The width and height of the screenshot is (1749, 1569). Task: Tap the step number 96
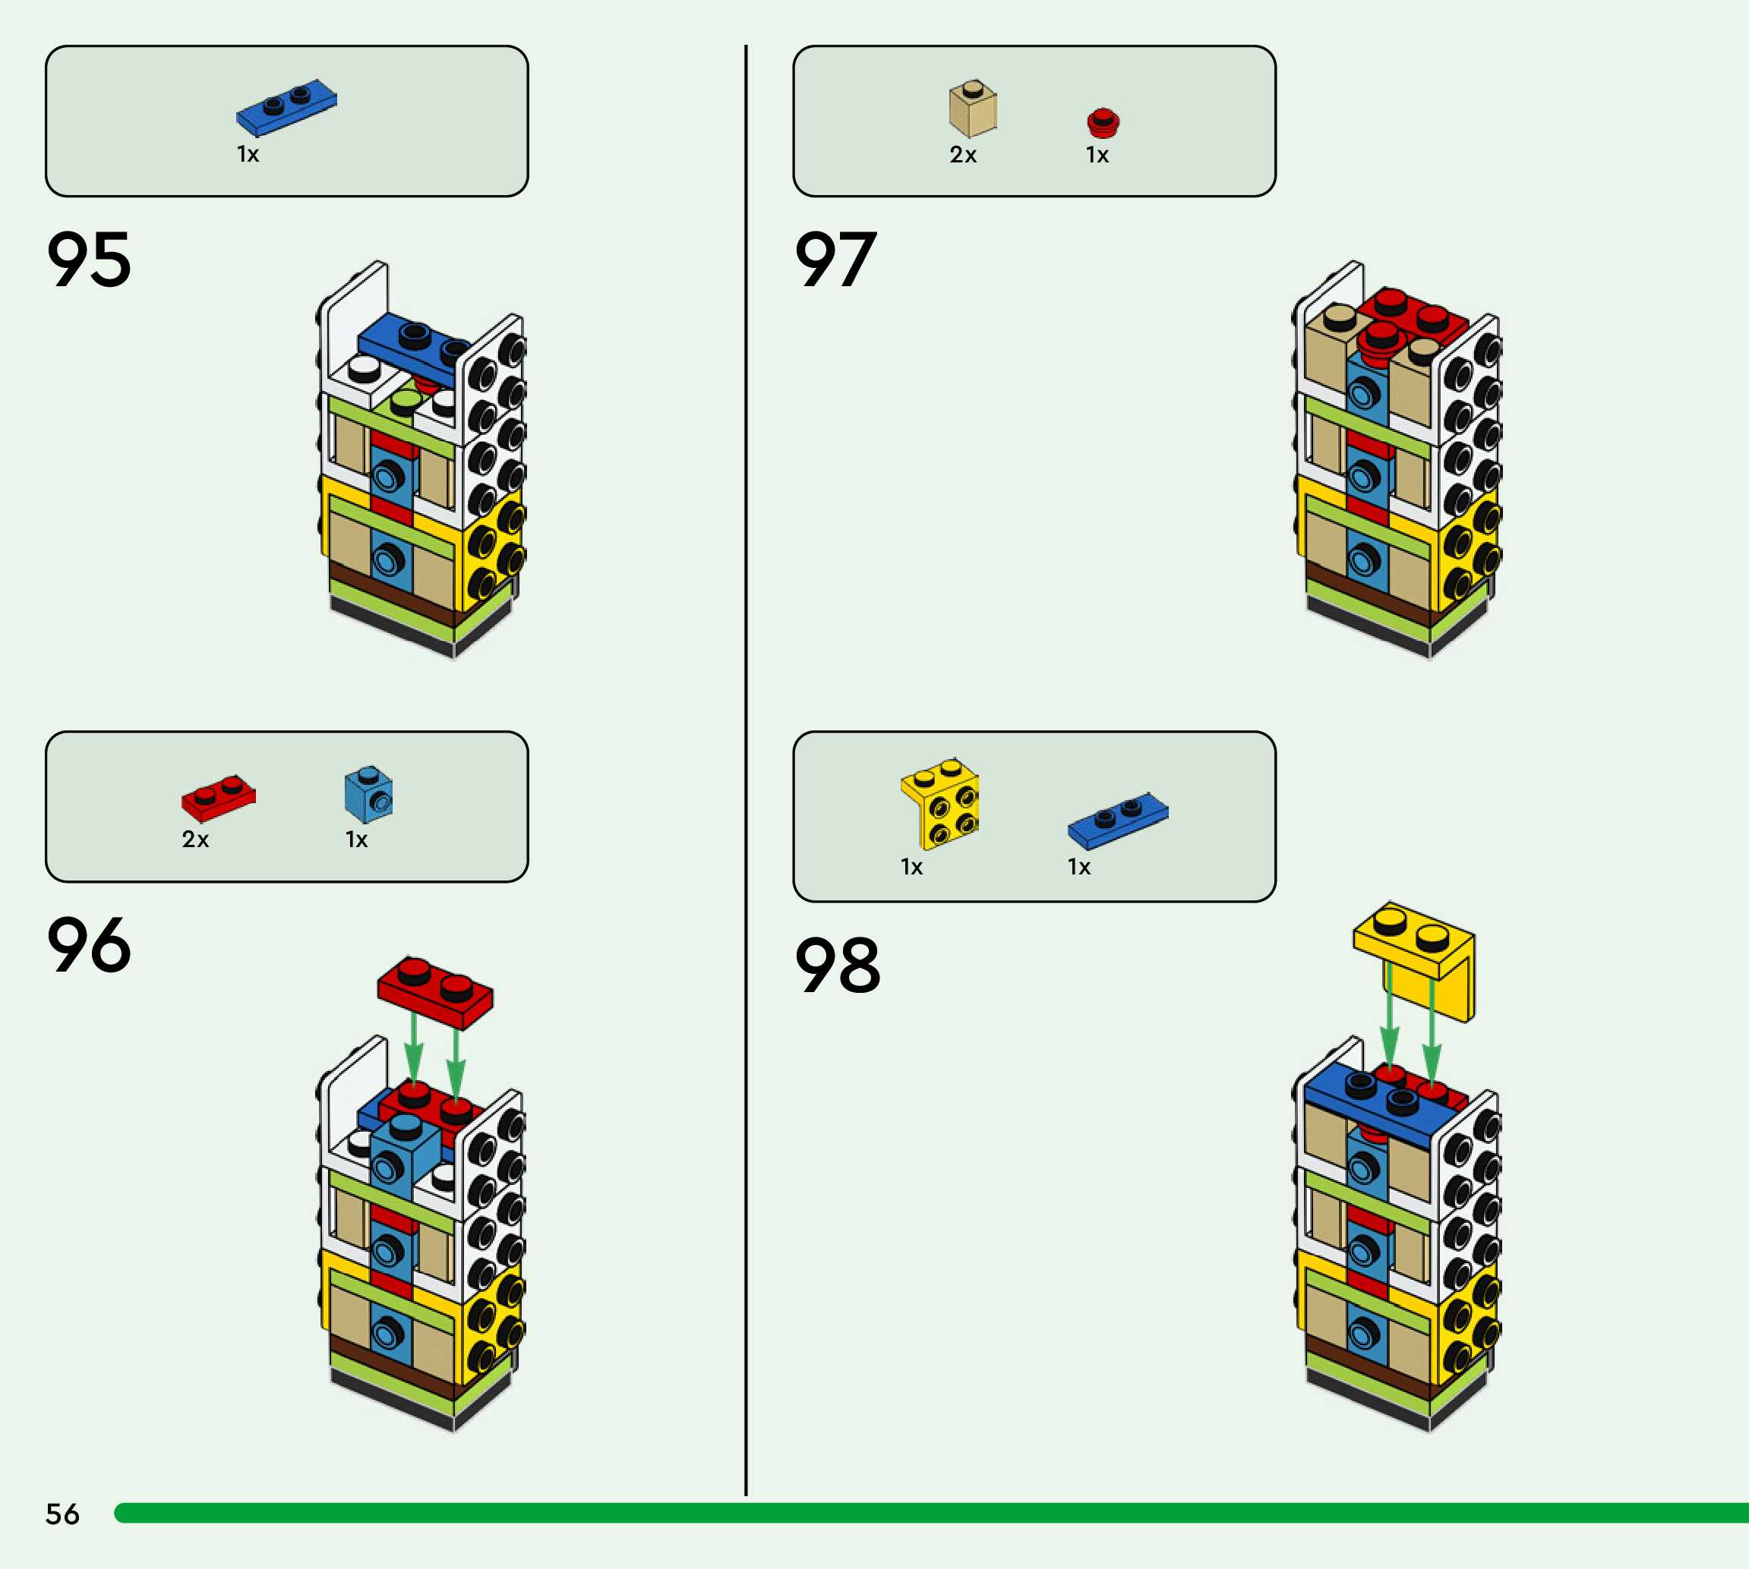89,945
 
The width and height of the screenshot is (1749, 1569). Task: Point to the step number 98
837,966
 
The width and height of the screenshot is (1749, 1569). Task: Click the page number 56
62,1514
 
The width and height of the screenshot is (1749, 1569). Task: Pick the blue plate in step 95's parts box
286,107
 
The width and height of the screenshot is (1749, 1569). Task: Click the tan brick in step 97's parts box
973,109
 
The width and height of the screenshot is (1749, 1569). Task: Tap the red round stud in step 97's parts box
1103,122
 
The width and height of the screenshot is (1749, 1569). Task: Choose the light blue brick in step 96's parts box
368,793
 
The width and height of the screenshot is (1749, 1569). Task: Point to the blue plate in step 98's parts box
1118,819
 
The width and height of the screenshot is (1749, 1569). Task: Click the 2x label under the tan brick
962,155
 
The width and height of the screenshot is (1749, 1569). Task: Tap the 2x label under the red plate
195,840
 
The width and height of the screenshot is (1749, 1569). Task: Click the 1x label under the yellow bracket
911,868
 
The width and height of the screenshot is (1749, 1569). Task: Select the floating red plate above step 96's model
435,992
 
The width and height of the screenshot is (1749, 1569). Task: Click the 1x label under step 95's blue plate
248,154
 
